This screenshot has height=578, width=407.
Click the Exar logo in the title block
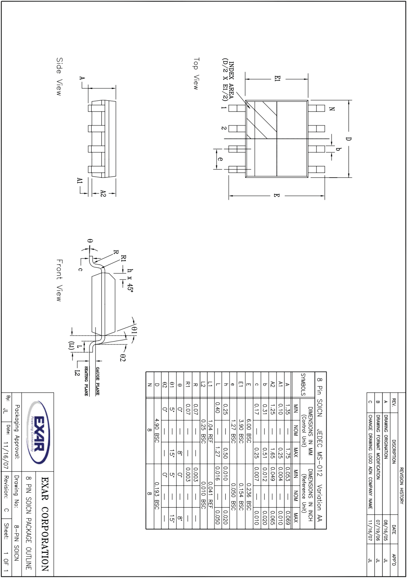38,433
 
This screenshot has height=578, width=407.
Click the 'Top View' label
196,74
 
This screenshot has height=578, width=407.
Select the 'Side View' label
59,76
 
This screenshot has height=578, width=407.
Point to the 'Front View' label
59,280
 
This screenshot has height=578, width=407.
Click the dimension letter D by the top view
348,139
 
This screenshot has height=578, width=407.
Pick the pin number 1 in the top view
223,108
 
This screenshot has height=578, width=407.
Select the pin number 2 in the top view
223,128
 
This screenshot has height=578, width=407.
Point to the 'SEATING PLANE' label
86,381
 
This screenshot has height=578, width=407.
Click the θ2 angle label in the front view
122,358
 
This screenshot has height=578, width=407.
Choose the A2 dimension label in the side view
103,193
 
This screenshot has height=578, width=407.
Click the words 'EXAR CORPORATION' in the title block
45,524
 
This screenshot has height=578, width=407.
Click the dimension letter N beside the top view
332,109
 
